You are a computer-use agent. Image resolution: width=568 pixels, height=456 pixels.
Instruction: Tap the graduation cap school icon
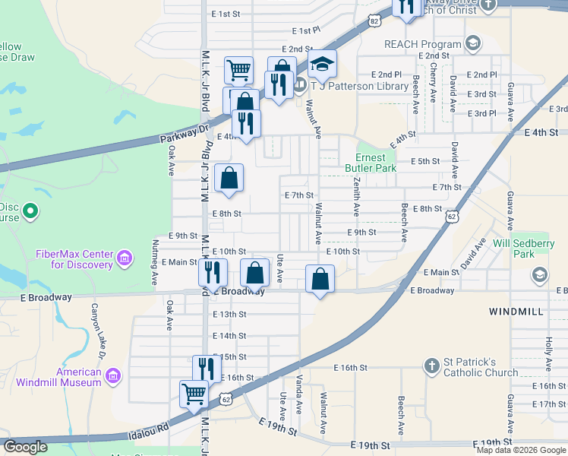(x=322, y=66)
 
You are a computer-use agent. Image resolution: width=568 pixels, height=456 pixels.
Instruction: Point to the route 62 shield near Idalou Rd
(x=226, y=397)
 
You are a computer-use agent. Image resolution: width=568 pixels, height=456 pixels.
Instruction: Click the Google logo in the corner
(x=26, y=447)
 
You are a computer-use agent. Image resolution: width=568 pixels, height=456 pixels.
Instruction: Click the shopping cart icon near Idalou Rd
(x=194, y=394)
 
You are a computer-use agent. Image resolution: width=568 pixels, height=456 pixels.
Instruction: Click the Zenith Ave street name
(x=355, y=195)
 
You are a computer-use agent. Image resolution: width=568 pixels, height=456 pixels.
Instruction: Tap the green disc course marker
(x=30, y=211)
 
